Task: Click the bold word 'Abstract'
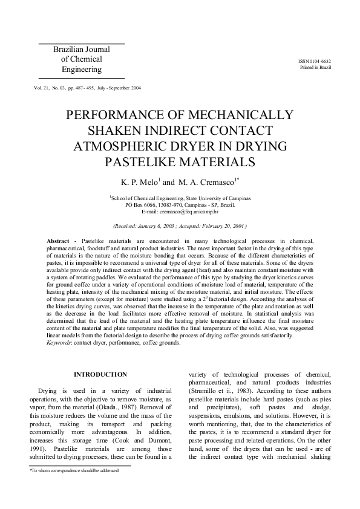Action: point(58,241)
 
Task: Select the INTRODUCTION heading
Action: point(100,375)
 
